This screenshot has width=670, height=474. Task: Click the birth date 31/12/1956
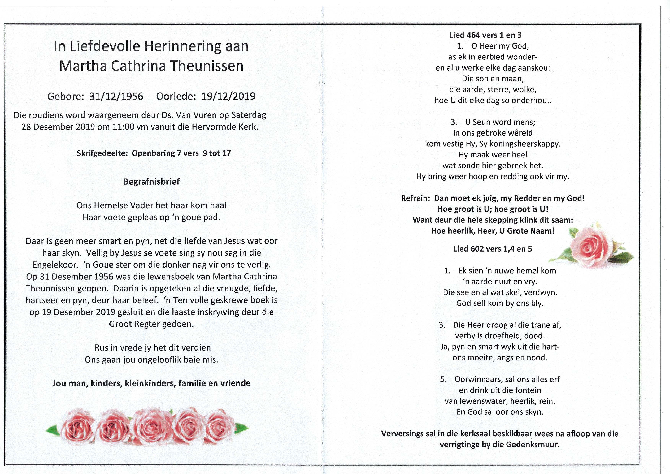tap(116, 96)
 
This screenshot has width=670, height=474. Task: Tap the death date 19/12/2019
tap(228, 96)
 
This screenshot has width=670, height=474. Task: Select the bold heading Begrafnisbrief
tap(151, 182)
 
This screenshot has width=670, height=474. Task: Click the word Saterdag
tap(249, 115)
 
